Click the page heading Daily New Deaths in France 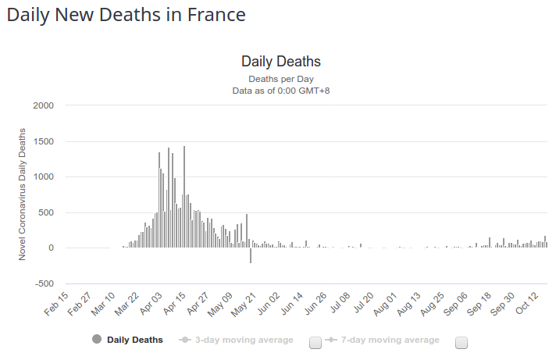(126, 15)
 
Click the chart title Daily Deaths (281, 62)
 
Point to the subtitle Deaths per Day (281, 79)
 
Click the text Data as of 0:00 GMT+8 (281, 91)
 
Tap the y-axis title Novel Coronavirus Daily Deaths (23, 194)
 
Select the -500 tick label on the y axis (41, 283)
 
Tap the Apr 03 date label (151, 303)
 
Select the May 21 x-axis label (245, 303)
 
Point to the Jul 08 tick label (340, 303)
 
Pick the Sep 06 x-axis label (457, 303)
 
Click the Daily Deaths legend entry (134, 340)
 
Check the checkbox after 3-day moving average (315, 342)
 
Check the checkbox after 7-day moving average (461, 342)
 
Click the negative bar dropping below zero (251, 255)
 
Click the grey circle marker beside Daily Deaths (97, 339)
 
